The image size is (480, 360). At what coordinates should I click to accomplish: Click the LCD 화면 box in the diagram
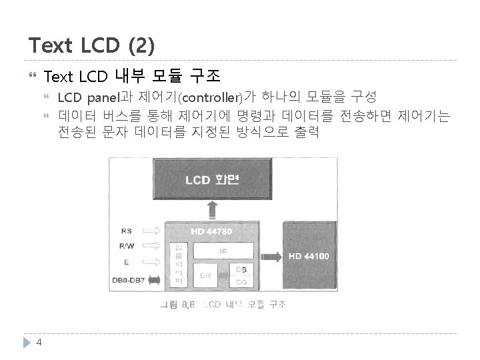213,179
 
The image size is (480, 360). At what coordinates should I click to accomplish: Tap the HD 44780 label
211,231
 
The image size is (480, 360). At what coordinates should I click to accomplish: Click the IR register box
223,251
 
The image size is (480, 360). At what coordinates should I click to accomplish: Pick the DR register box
206,275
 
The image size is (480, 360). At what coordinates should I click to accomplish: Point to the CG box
242,283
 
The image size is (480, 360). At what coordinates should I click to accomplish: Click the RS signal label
126,231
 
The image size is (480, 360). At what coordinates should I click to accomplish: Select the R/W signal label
126,247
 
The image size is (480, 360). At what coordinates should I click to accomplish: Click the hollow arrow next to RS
152,231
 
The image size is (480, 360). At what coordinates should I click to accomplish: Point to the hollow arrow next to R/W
152,247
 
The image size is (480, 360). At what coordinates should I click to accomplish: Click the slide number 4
39,342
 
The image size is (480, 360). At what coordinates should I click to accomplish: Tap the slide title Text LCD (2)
91,45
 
